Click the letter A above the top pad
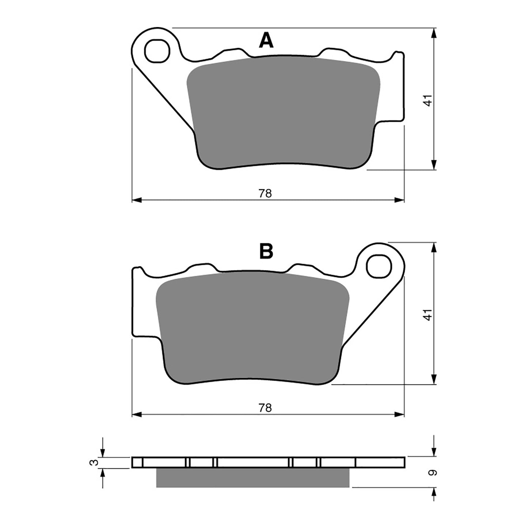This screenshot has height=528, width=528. click(x=266, y=41)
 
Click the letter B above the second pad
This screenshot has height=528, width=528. click(x=266, y=251)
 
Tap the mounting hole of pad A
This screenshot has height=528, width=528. click(x=158, y=50)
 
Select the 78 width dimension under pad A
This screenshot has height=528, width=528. click(x=266, y=194)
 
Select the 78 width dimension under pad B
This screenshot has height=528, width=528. click(x=266, y=408)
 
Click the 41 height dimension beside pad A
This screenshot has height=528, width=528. click(x=428, y=100)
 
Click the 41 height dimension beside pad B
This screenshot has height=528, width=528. click(x=428, y=314)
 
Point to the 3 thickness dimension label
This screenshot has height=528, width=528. click(x=95, y=463)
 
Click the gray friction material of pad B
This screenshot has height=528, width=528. click(x=252, y=329)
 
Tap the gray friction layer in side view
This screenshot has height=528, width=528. click(x=252, y=478)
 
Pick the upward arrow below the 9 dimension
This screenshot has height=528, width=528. click(x=434, y=492)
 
